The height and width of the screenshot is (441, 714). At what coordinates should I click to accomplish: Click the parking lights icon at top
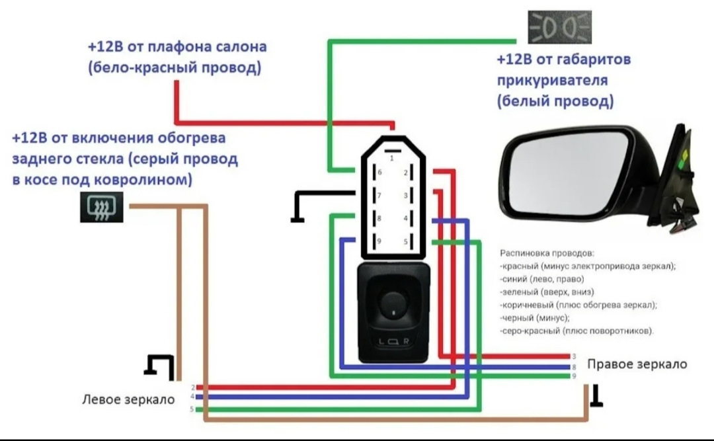click(560, 27)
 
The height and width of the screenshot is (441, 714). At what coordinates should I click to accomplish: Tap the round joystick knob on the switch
click(393, 303)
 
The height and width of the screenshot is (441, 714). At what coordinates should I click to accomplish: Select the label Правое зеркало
click(637, 364)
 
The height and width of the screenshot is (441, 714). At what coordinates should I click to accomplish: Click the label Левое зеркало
click(128, 399)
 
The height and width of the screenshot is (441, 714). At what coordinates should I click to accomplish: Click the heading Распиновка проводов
click(547, 253)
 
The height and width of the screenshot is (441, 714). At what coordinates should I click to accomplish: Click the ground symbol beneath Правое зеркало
click(596, 395)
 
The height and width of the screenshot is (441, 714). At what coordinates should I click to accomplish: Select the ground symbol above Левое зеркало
click(159, 364)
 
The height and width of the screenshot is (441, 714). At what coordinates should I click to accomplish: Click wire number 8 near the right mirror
click(574, 366)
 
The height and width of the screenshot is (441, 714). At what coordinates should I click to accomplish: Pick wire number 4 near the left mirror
click(192, 397)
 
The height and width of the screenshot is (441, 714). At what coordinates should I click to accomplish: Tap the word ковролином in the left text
click(153, 180)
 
